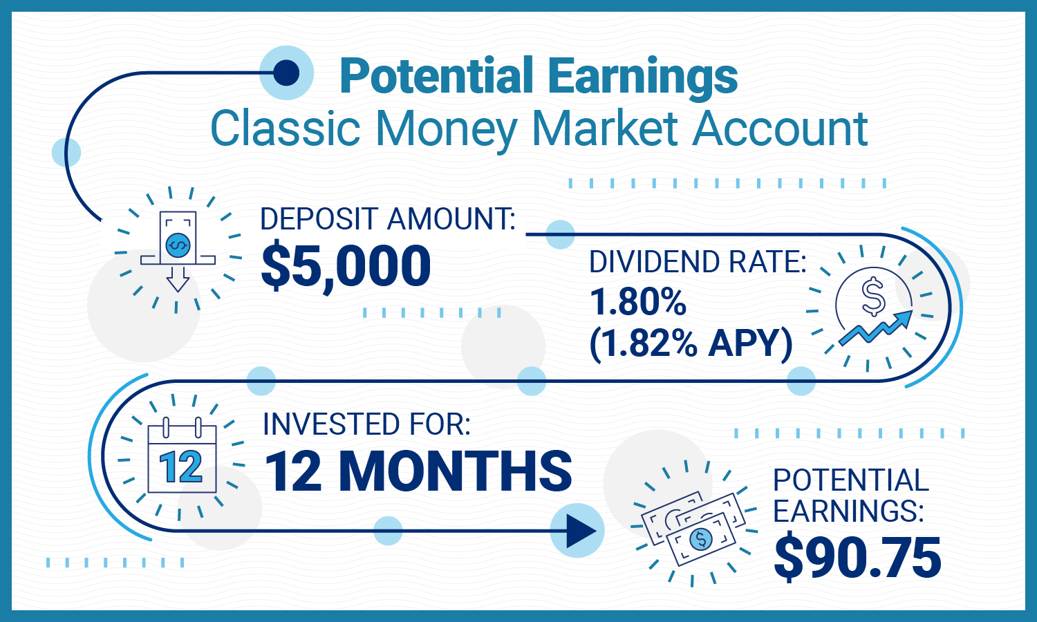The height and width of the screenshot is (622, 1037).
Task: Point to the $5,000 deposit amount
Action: coord(346,266)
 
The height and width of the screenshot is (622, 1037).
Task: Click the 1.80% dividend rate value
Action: coord(638,301)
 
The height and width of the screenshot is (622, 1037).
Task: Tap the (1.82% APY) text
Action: coord(691,343)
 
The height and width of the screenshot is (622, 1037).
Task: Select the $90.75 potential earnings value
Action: coord(857,558)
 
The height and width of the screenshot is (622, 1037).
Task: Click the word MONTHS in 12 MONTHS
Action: coord(456,471)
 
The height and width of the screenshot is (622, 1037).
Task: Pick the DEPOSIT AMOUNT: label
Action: coord(388,219)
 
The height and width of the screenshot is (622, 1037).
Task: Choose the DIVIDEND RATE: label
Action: coord(698,262)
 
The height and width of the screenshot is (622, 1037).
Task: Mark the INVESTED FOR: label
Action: coord(366,424)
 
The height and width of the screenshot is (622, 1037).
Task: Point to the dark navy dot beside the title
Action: coord(286,72)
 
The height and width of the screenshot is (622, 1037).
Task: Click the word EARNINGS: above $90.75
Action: coord(848,511)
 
